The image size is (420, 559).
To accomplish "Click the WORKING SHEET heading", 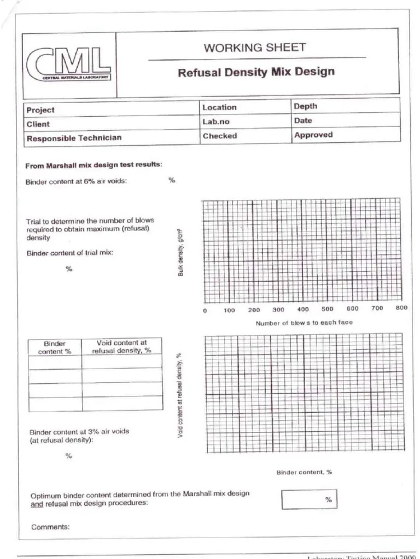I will (255, 47).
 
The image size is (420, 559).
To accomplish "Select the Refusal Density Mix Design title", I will (256, 72).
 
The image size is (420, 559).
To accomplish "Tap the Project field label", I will (41, 110).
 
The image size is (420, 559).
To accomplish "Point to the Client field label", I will (38, 124).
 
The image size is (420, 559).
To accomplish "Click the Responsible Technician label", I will (74, 138).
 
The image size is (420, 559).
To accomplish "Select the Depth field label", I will (305, 106).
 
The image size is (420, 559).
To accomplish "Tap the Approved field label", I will (313, 135).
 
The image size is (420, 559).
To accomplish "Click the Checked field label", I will (220, 136).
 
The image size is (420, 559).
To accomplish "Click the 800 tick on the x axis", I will (401, 308).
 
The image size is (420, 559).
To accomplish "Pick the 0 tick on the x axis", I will (205, 311).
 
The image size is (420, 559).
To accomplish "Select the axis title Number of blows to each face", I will (304, 323).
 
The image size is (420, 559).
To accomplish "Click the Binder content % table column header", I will (55, 348).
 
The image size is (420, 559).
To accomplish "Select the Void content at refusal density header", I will (122, 347).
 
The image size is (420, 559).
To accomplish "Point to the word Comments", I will (50, 527).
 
